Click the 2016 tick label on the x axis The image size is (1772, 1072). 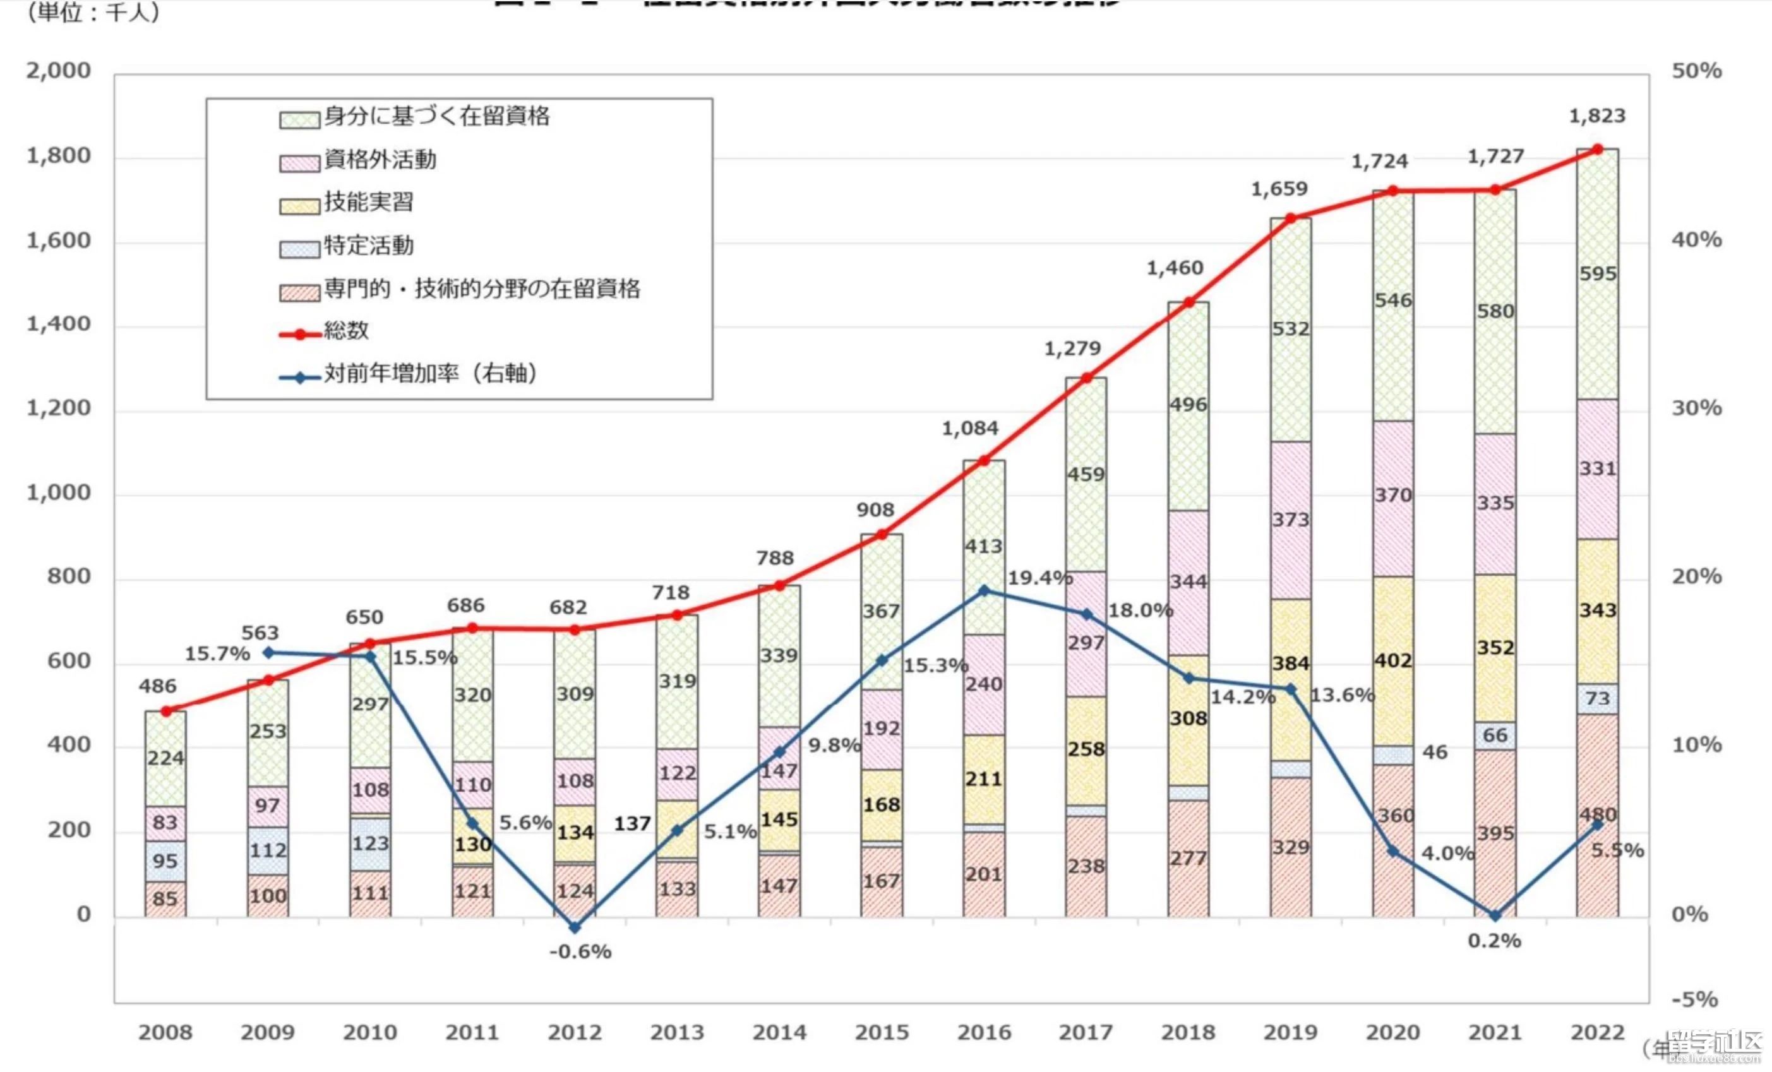(984, 1032)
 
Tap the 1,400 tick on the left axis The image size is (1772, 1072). (59, 325)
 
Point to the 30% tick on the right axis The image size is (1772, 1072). (1696, 408)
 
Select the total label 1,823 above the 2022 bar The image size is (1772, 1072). (1596, 116)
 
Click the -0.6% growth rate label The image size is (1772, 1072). (580, 952)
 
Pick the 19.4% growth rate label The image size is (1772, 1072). (1040, 578)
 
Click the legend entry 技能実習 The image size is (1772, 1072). (368, 202)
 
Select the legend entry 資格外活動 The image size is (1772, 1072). (380, 160)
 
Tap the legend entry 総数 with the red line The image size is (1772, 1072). (346, 331)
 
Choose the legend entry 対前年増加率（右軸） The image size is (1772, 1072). (430, 373)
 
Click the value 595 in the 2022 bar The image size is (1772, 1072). (1598, 274)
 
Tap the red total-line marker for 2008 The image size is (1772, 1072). (166, 711)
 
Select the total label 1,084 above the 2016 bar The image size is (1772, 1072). (970, 429)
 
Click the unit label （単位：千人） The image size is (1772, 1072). (93, 12)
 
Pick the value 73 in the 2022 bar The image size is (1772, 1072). (1597, 698)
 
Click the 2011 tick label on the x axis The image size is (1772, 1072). (472, 1032)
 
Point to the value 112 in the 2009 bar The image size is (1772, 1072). (268, 850)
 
